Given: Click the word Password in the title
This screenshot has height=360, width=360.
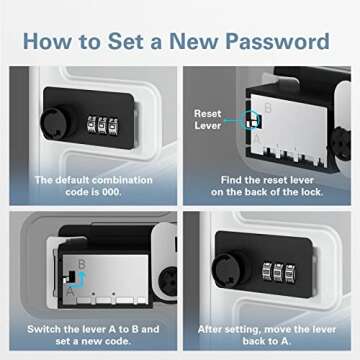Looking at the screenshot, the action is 278,41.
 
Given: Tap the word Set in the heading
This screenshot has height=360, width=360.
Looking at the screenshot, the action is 125,41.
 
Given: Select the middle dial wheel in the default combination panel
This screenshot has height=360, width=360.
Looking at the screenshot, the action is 103,126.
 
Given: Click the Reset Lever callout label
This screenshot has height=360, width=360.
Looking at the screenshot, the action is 208,119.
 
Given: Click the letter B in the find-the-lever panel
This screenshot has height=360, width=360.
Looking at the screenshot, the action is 268,108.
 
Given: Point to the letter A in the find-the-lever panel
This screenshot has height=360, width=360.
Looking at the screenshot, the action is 257,138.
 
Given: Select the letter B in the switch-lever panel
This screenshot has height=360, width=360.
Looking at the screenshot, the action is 81,264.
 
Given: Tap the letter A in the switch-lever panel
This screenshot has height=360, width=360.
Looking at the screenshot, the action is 70,292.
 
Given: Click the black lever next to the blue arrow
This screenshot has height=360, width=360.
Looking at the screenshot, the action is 71,276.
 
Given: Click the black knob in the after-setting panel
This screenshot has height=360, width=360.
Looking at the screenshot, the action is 230,270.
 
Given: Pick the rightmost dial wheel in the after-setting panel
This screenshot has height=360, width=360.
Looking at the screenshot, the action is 291,273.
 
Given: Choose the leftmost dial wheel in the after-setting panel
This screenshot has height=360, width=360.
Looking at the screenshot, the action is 267,271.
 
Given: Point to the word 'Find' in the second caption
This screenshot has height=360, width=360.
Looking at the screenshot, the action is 231,180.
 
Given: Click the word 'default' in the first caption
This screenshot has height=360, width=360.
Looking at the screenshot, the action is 70,180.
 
